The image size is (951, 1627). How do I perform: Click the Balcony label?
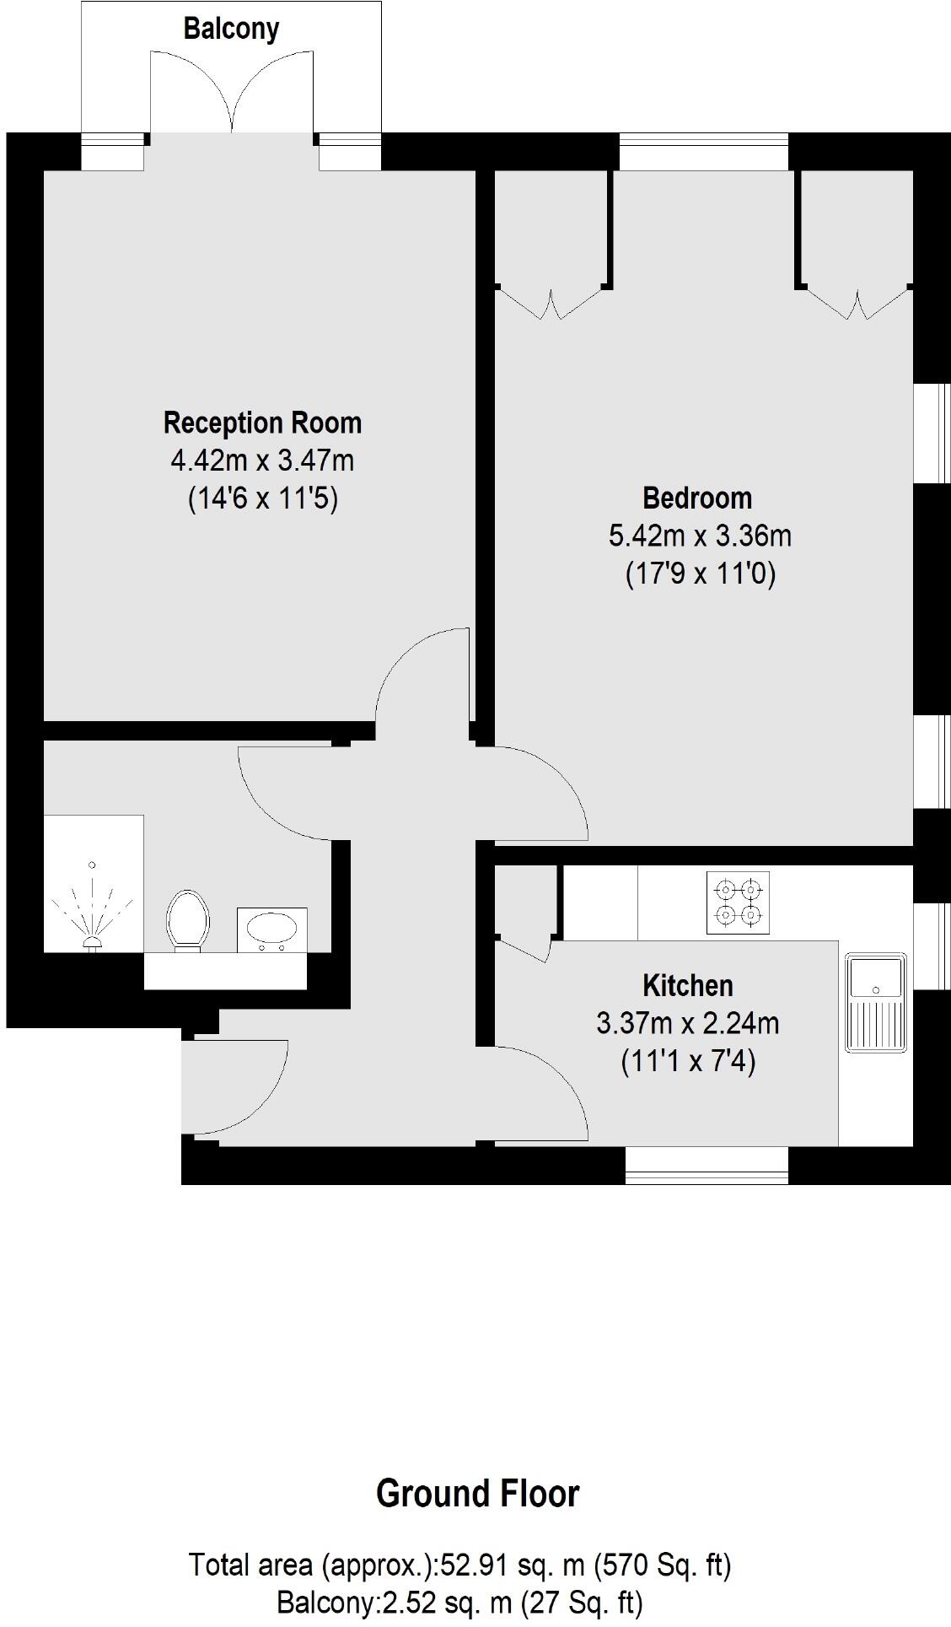[231, 30]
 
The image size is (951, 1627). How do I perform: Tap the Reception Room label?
[262, 423]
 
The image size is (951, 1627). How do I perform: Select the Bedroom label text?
[697, 498]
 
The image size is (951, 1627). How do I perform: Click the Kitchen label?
[688, 985]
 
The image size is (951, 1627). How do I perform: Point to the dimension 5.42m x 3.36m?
[700, 536]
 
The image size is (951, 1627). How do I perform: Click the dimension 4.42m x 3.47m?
[262, 461]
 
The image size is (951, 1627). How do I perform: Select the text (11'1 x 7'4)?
[688, 1061]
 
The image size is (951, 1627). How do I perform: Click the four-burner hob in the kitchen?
[739, 902]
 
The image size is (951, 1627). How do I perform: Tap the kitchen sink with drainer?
[877, 1003]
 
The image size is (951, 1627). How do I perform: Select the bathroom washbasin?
[271, 929]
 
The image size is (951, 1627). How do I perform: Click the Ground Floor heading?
[477, 1494]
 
